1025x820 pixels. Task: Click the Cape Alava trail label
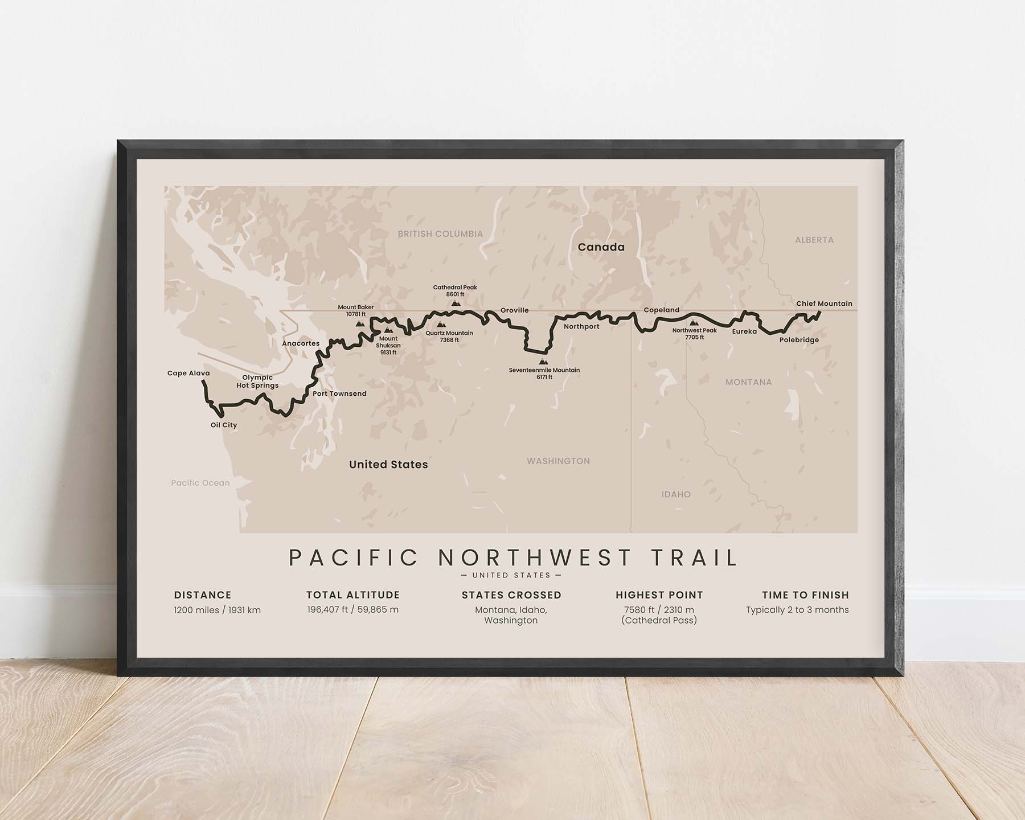click(188, 374)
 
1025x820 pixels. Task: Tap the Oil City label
click(224, 425)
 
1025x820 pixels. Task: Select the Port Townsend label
click(339, 394)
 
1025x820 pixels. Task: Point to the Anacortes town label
click(301, 344)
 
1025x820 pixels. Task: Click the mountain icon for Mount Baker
click(360, 323)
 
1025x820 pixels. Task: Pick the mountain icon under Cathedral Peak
click(456, 304)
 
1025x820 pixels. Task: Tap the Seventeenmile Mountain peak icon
click(544, 362)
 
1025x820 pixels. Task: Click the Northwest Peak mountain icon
click(693, 323)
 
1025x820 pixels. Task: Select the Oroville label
click(514, 311)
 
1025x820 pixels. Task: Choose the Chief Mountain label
click(824, 304)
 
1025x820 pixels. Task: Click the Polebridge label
click(799, 341)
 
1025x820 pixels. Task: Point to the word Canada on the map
click(601, 247)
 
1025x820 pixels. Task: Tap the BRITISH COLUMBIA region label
click(440, 234)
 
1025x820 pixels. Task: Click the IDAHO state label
click(676, 495)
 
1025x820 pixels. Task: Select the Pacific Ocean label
click(200, 483)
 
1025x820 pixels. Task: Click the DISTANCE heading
click(203, 595)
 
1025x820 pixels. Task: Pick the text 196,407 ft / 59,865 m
click(353, 610)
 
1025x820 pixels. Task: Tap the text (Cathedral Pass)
click(659, 621)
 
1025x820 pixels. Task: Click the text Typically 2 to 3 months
click(797, 610)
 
